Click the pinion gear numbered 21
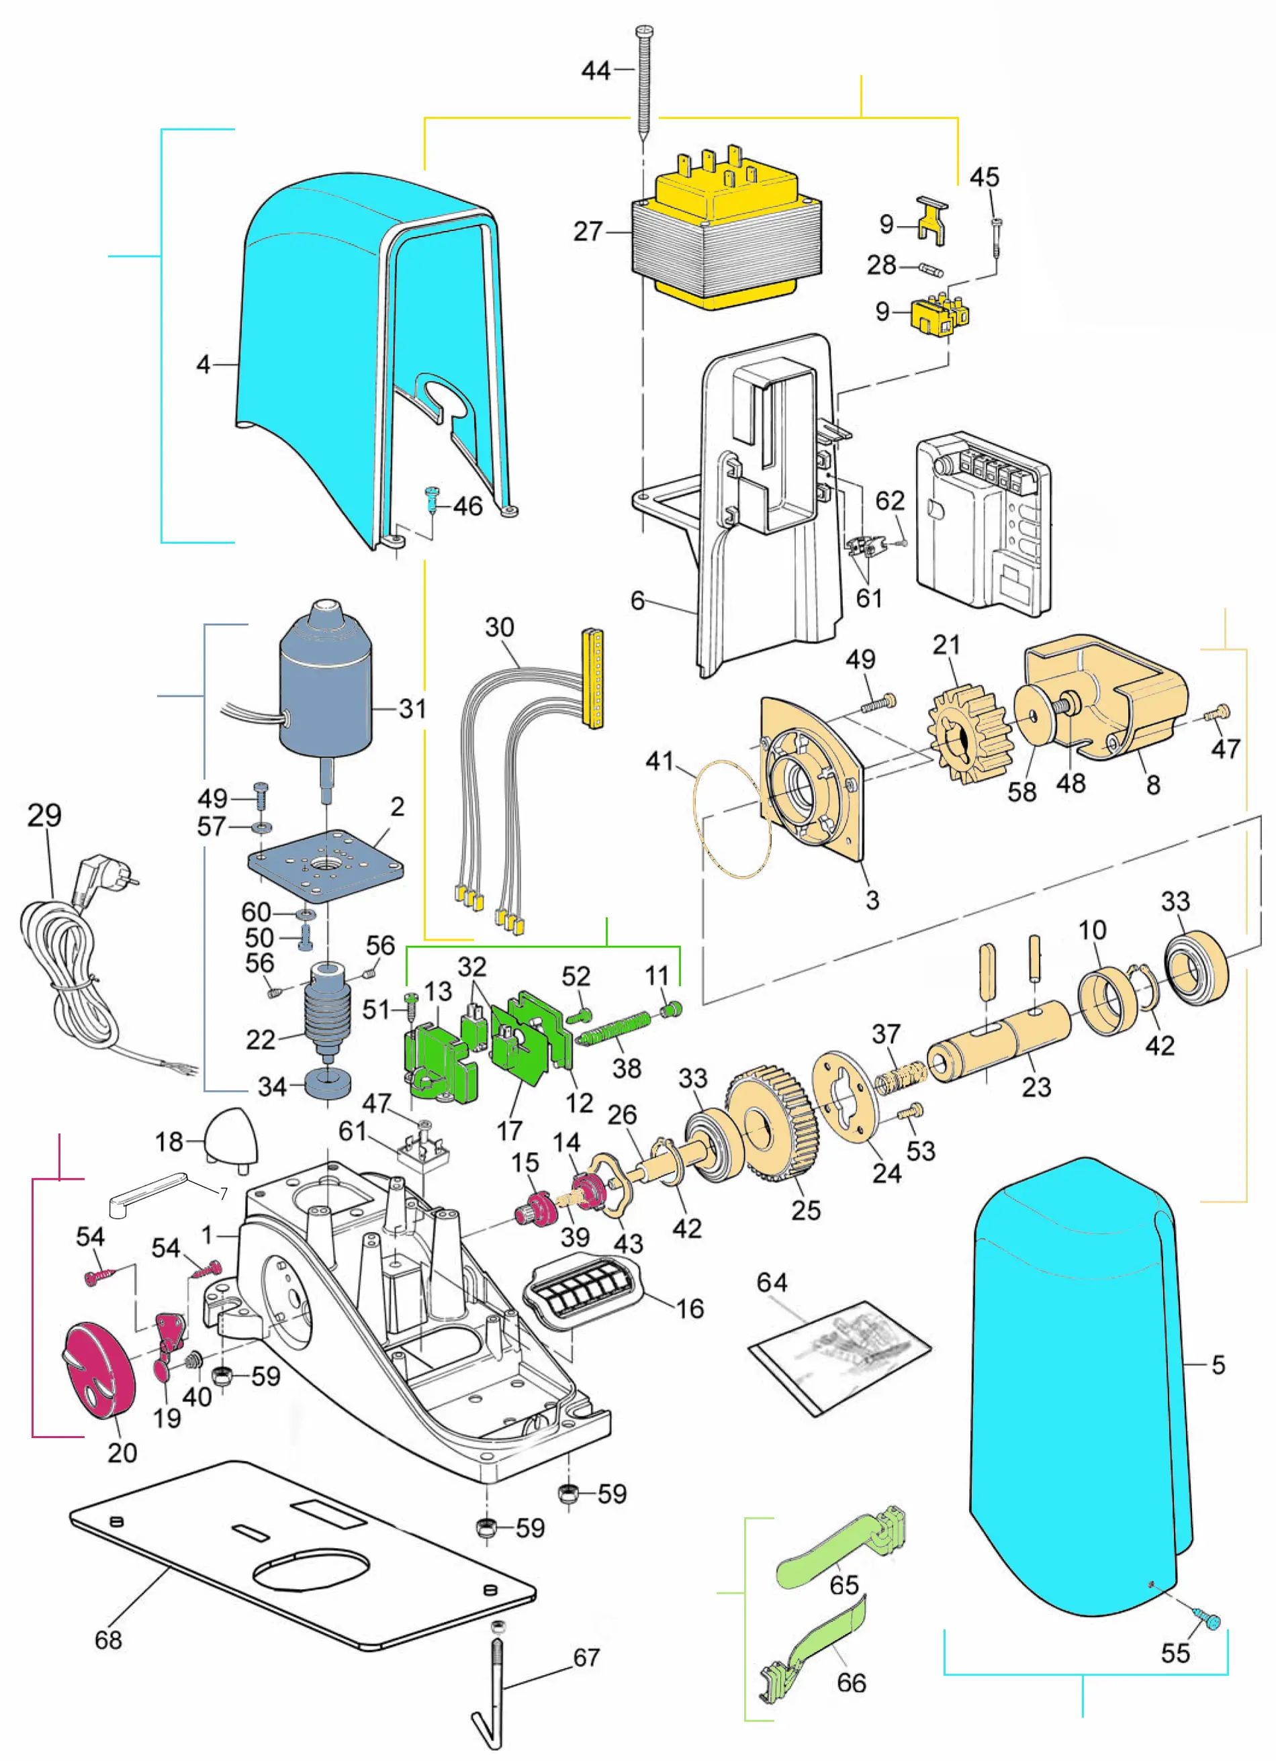970,734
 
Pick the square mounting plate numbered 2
326,864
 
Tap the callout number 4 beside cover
203,363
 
